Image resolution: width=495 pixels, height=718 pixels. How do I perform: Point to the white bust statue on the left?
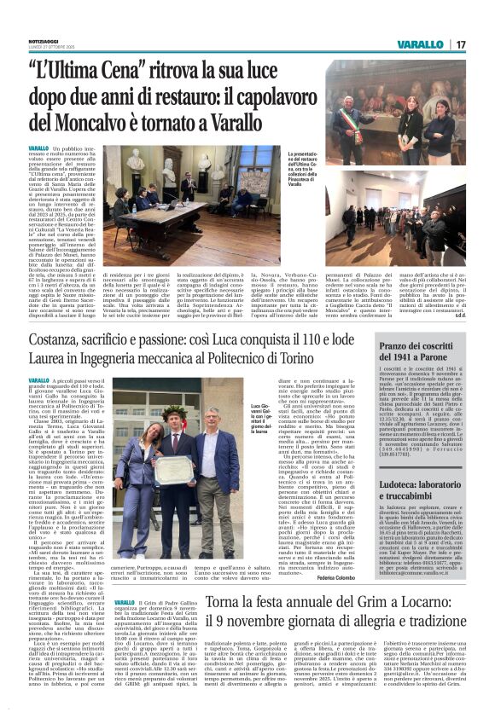click(x=135, y=159)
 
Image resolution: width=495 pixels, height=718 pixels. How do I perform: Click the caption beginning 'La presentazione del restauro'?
click(x=304, y=171)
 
